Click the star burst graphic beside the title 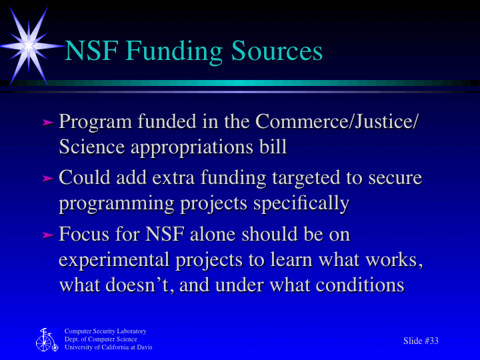[x=29, y=45]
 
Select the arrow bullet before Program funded [x=47, y=123]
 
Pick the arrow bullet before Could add [x=47, y=179]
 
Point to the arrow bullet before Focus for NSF [x=47, y=235]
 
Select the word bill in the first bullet [x=273, y=146]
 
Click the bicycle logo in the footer [x=46, y=339]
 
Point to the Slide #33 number [x=421, y=341]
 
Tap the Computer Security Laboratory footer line [x=105, y=331]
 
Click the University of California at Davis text [x=108, y=347]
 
